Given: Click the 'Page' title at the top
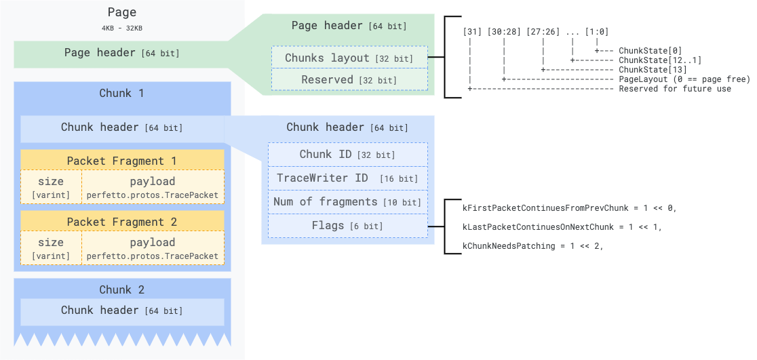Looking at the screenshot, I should [122, 12].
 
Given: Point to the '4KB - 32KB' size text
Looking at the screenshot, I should [122, 28].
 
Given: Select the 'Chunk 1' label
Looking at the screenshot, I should [122, 93].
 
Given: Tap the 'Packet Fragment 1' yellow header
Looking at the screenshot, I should [122, 161].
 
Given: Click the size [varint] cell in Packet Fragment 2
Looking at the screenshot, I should [51, 248].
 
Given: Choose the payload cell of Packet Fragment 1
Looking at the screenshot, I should [153, 187].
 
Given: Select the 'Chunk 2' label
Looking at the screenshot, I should [122, 289].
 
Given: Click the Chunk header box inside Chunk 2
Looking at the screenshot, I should [122, 311].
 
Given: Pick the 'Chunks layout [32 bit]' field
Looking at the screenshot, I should [349, 58].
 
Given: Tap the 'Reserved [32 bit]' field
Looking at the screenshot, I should [349, 79].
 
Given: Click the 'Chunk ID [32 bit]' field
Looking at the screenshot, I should [347, 155].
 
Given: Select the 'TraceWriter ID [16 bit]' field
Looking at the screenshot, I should [347, 178].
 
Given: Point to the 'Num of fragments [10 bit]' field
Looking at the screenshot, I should [347, 202].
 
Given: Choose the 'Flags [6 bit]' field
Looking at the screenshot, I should [347, 226].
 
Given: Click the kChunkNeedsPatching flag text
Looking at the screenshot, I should [532, 246].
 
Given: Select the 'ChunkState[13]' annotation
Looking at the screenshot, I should [653, 70].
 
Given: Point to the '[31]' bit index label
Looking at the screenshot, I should [470, 31].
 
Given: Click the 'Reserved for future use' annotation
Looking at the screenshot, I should [674, 89].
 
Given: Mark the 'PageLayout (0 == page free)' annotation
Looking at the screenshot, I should [684, 79].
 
